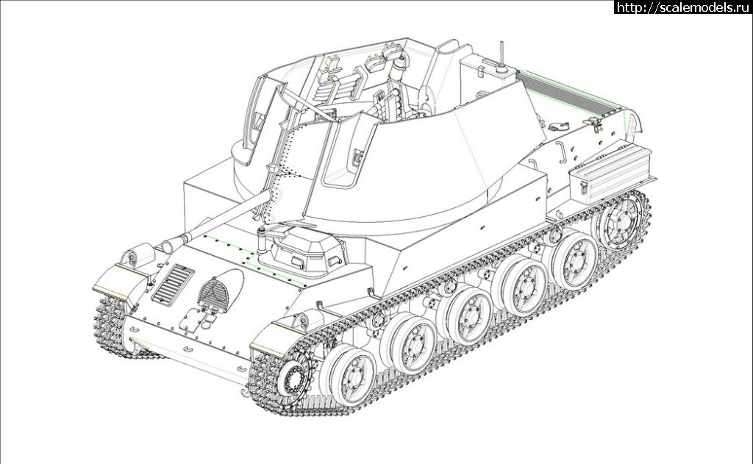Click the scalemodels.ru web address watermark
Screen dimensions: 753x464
(683, 7)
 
